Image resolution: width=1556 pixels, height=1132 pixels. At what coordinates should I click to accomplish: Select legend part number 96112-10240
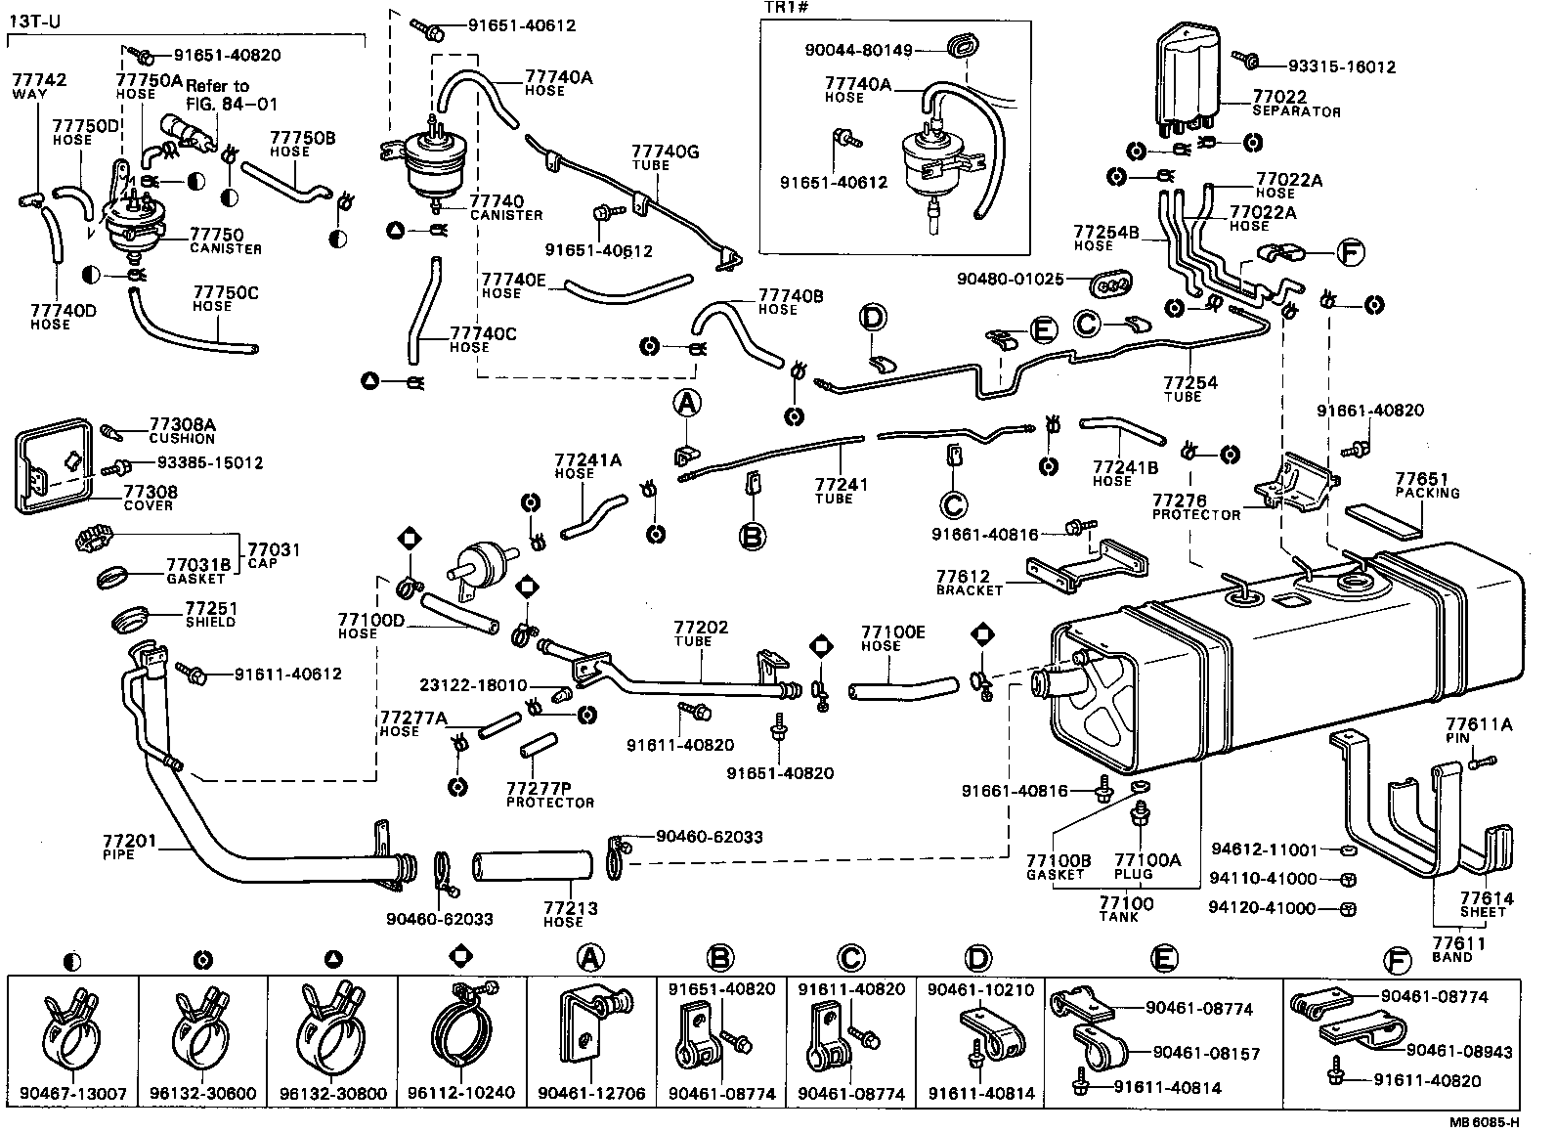tap(462, 1093)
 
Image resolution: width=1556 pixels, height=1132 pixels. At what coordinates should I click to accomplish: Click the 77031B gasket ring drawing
tap(113, 577)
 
